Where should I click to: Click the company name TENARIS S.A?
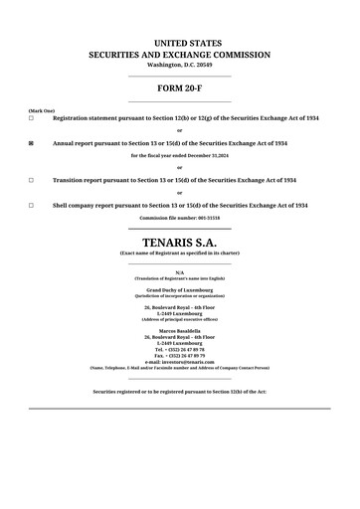(x=180, y=242)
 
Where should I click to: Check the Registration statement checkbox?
(x=31, y=118)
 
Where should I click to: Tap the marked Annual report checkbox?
(x=31, y=143)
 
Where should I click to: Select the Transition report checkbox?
(x=31, y=181)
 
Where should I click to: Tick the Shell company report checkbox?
(x=31, y=206)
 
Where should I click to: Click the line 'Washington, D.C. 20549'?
(x=180, y=65)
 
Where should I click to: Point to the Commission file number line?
(x=180, y=217)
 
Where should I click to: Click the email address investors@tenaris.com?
(x=180, y=362)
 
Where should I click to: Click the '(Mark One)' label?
(x=42, y=110)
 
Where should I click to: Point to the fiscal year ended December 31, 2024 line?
(x=180, y=156)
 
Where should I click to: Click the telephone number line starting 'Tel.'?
(x=180, y=350)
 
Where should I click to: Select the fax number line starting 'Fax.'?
(x=180, y=356)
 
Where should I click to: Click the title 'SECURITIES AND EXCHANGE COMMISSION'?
(x=180, y=55)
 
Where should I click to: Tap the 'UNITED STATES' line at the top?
(x=180, y=43)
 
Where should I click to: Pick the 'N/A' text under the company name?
(x=180, y=272)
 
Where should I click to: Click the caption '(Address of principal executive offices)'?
(x=180, y=319)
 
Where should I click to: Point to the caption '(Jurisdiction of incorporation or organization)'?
(x=180, y=295)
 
